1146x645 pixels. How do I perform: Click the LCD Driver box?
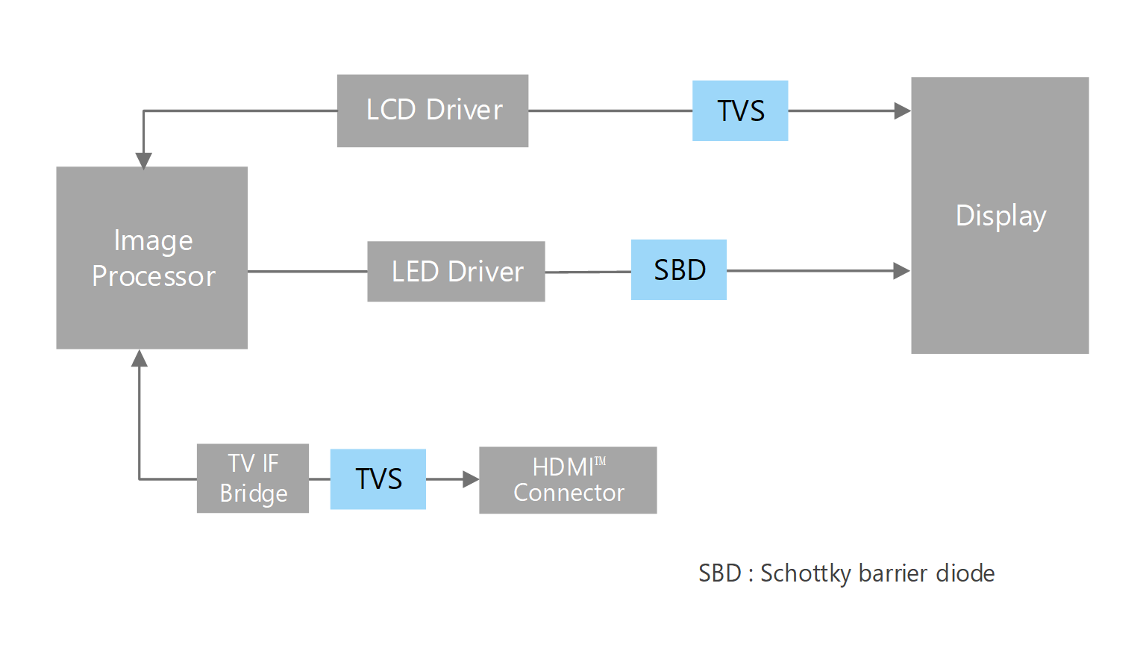point(433,110)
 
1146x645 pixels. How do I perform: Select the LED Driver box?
point(456,272)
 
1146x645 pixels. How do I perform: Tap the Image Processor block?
point(152,258)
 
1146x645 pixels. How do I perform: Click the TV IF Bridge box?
point(253,479)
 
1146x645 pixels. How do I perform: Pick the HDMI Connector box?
point(568,480)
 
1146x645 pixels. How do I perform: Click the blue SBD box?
point(679,270)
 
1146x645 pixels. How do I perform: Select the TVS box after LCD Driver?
point(740,110)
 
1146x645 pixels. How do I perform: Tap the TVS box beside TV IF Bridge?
point(378,479)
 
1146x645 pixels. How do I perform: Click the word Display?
point(1001,216)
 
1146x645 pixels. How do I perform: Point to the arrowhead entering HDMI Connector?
point(470,479)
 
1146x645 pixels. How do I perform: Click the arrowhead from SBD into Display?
point(901,270)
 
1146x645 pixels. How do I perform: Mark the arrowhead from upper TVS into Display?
point(902,110)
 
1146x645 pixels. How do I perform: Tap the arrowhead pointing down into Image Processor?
point(143,161)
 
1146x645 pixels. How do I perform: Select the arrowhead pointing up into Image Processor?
point(140,359)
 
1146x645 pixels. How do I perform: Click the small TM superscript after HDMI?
point(601,461)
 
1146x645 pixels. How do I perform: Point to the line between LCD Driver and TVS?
point(610,110)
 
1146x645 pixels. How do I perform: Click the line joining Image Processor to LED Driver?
point(307,272)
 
